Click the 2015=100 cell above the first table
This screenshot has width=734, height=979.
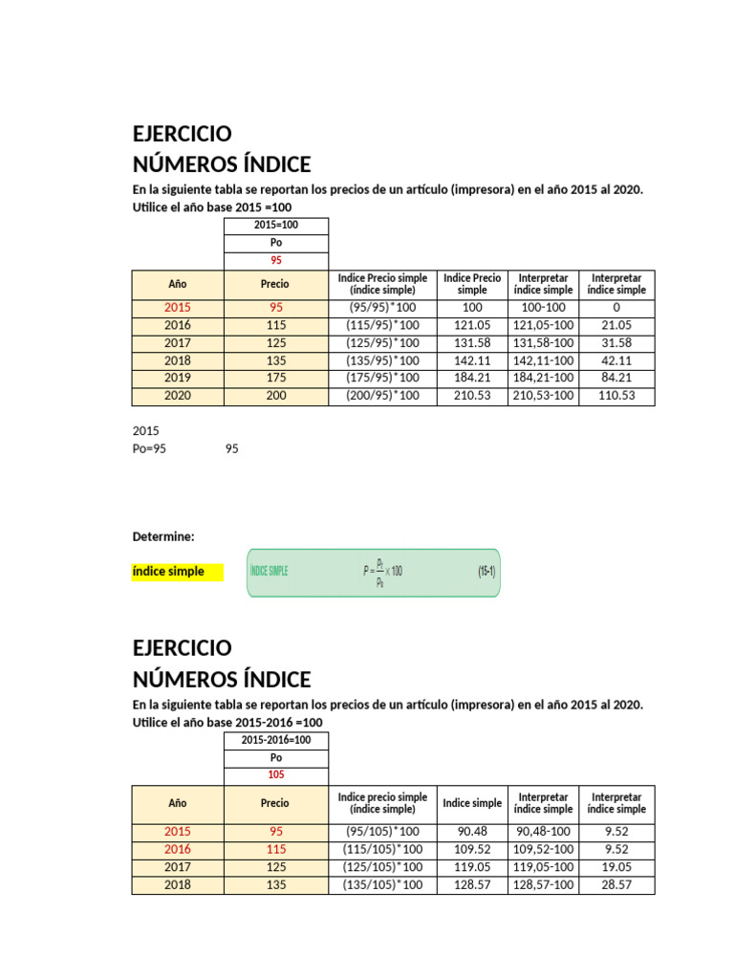click(x=275, y=226)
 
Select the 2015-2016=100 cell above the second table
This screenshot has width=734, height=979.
click(x=275, y=740)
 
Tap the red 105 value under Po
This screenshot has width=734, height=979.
click(x=275, y=774)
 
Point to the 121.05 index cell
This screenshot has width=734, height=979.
click(x=472, y=325)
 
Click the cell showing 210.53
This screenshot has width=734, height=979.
click(x=472, y=396)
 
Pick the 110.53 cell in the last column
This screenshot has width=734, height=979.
click(x=616, y=396)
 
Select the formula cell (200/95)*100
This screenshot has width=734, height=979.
click(x=382, y=396)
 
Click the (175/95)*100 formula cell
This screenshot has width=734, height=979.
click(x=382, y=378)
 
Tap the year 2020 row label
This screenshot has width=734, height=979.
click(x=178, y=396)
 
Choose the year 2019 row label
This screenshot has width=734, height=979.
click(x=178, y=378)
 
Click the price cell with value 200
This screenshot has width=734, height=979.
click(x=275, y=396)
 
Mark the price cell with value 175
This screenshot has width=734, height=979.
click(x=275, y=378)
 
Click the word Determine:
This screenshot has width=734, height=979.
click(x=163, y=537)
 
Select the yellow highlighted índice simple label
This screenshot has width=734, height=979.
click(x=168, y=572)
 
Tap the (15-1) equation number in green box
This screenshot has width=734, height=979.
click(x=486, y=572)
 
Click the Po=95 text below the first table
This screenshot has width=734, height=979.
click(x=149, y=448)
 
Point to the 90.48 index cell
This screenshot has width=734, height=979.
click(x=472, y=832)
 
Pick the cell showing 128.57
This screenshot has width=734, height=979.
click(x=472, y=885)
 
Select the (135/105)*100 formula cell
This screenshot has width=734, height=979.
click(x=382, y=885)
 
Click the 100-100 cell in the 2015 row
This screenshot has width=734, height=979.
click(x=544, y=308)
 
